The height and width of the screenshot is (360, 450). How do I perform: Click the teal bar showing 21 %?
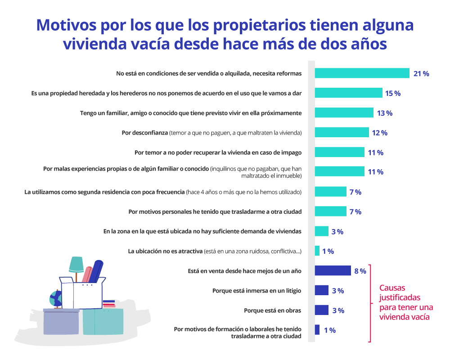pyautogui.click(x=362, y=73)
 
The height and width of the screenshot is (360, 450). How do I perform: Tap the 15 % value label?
pyautogui.click(x=392, y=93)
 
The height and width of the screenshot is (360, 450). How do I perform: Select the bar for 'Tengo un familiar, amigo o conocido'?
pyautogui.click(x=344, y=112)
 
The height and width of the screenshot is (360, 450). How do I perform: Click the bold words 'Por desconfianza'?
pyautogui.click(x=145, y=133)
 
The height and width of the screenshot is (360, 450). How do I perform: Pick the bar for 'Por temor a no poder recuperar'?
pyautogui.click(x=339, y=152)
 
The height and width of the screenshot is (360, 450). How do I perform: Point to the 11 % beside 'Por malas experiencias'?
pyautogui.click(x=375, y=172)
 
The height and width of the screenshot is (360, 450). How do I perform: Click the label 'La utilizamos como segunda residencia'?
pyautogui.click(x=104, y=192)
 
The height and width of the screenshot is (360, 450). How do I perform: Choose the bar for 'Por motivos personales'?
pyautogui.click(x=330, y=211)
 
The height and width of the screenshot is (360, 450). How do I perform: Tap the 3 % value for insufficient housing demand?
pyautogui.click(x=337, y=232)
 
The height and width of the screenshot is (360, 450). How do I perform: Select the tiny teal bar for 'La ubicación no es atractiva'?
pyautogui.click(x=317, y=251)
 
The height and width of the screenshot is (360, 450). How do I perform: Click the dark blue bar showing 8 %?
pyautogui.click(x=333, y=270)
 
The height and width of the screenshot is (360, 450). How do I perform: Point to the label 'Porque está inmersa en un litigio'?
pyautogui.click(x=256, y=291)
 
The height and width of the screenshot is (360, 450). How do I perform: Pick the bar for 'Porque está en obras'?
pyautogui.click(x=321, y=310)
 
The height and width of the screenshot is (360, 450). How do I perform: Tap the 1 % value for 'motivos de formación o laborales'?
pyautogui.click(x=329, y=330)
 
